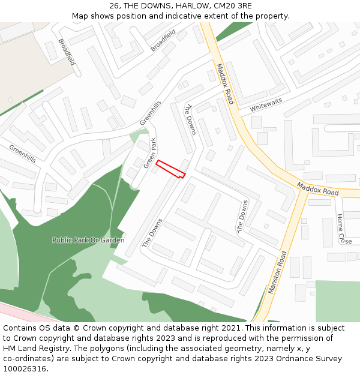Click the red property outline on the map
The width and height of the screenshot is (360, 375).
pos(170,169)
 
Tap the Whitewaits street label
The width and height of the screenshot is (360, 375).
pos(266,106)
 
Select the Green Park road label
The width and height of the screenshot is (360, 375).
pos(150,152)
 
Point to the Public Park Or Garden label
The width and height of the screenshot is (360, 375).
pos(88,240)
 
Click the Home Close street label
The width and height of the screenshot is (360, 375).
pos(343,229)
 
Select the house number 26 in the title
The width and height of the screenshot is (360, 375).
pos(115,6)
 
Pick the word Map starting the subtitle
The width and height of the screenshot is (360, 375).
pos(80,16)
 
